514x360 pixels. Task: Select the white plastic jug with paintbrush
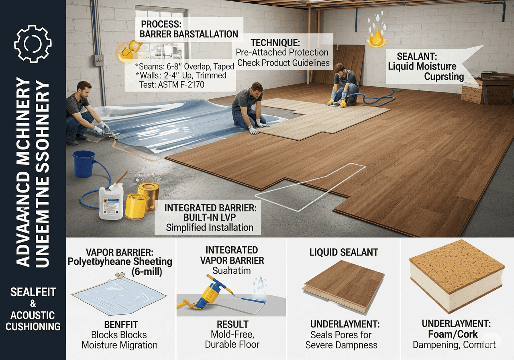pos(110,202)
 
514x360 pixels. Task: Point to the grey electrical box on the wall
pos(99,60)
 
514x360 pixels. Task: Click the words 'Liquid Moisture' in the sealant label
pos(422,66)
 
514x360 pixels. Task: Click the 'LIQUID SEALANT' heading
pos(344,252)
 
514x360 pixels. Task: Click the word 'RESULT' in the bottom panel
pos(232,324)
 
